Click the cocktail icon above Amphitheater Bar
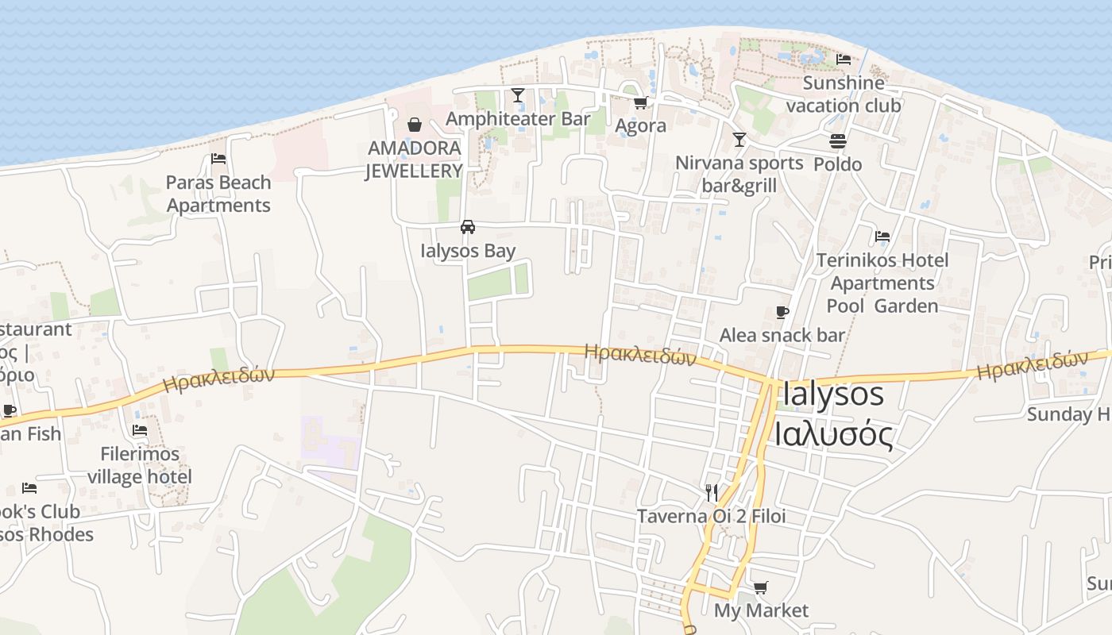pos(518,95)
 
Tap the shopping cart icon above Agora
pos(640,103)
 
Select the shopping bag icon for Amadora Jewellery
pos(415,125)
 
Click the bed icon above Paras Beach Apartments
pos(218,159)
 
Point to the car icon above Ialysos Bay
pos(468,227)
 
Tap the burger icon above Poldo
pos(838,141)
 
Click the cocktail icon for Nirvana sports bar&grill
pos(739,140)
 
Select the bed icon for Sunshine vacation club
pos(844,60)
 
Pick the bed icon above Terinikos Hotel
pos(882,237)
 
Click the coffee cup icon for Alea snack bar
pos(782,312)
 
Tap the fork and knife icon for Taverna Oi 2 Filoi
pos(712,493)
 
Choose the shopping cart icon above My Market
pos(761,587)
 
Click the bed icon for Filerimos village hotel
pos(140,431)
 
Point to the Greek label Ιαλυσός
pos(834,434)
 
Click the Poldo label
pos(838,164)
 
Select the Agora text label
pos(641,126)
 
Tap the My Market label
pos(761,610)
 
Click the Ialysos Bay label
pos(468,251)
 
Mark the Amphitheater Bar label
pos(518,119)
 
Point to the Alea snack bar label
pos(782,336)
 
